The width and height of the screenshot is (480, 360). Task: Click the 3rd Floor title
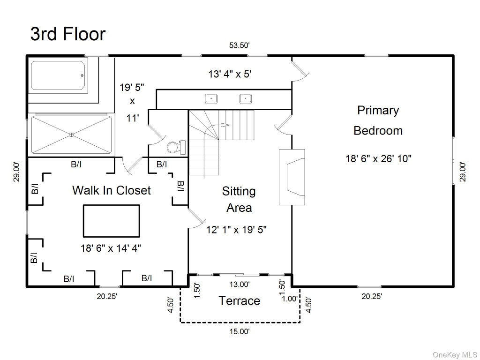(x=68, y=34)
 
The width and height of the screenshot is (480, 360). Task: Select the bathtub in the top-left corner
(x=58, y=75)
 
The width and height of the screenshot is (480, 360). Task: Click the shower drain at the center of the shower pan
(x=72, y=135)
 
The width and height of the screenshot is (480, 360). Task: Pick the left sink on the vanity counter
(x=211, y=98)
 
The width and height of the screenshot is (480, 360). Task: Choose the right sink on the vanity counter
(x=246, y=98)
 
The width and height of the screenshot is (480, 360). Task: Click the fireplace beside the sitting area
(x=292, y=177)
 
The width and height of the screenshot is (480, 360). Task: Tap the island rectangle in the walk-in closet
(x=112, y=221)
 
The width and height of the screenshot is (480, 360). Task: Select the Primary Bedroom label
(x=378, y=120)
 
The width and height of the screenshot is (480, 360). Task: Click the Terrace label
(x=240, y=300)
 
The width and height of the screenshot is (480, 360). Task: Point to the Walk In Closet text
(x=112, y=190)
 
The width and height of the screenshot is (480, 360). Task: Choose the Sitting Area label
(x=239, y=199)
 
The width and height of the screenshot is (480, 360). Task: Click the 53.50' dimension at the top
(x=240, y=45)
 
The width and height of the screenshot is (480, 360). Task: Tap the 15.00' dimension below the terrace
(x=240, y=331)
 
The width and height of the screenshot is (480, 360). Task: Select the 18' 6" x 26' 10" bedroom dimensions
(x=378, y=158)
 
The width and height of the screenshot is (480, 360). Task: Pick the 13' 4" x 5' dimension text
(x=230, y=74)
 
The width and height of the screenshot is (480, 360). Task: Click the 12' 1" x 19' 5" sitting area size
(x=236, y=230)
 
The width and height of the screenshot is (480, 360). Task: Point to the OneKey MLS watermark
(x=455, y=355)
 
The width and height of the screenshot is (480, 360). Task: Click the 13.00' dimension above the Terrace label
(x=240, y=285)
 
